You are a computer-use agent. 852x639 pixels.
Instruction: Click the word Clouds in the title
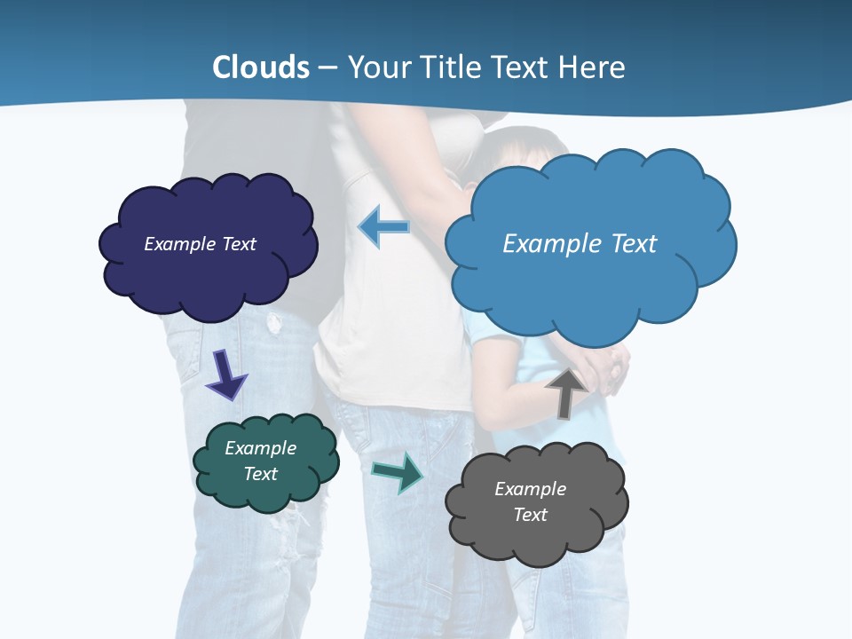261,67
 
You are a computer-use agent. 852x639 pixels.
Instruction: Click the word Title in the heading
447,67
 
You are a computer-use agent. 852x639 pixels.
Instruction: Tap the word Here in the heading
595,67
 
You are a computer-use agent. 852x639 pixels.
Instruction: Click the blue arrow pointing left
383,226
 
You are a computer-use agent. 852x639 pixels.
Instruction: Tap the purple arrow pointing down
225,375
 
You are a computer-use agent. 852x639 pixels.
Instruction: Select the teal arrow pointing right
398,472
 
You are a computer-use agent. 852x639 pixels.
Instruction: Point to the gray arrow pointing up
565,392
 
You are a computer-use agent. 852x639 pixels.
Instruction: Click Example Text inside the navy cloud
200,244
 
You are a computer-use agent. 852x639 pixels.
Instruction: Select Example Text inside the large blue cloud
580,243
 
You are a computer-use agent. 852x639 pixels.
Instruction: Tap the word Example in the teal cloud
260,448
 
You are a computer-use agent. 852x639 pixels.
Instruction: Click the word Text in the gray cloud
530,515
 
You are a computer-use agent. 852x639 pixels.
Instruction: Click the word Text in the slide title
520,67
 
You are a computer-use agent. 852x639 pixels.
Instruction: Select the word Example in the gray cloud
530,489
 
